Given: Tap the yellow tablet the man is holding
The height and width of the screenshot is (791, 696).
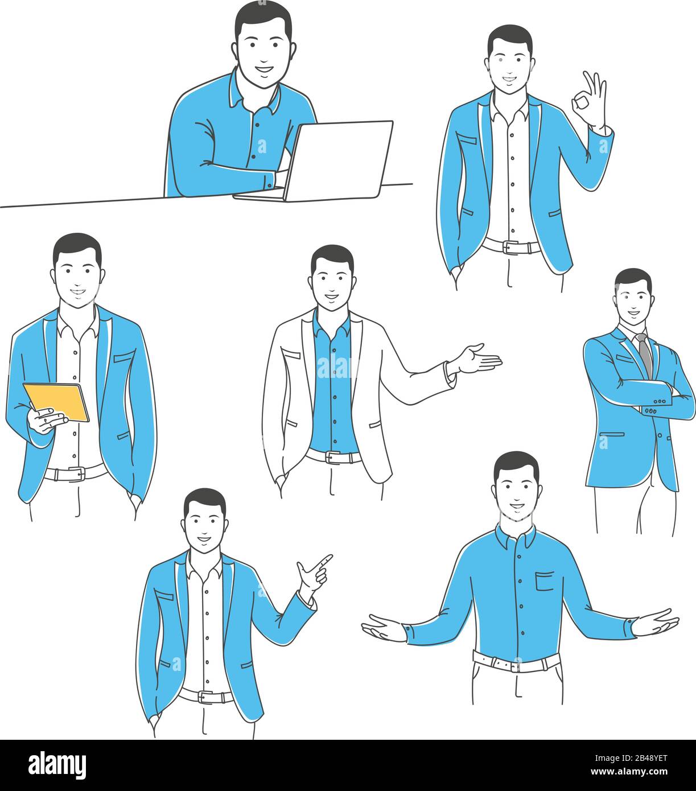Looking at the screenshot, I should point(57,401).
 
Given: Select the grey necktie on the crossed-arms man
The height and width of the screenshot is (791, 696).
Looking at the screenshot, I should point(645,356).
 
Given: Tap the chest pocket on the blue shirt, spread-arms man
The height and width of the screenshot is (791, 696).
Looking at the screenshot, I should point(544,581).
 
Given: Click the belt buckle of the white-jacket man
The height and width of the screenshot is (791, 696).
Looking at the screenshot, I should point(332,457).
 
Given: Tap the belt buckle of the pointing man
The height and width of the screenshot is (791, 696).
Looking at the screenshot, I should point(205,697).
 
